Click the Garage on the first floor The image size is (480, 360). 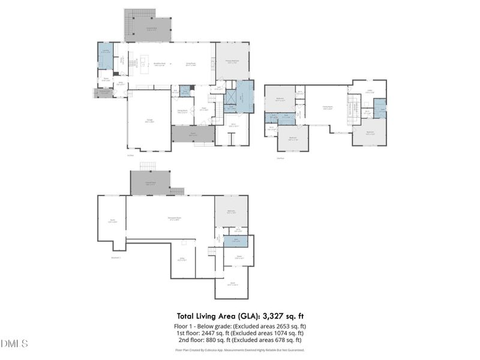149,121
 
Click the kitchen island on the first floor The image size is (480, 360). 144,59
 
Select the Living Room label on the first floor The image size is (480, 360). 191,64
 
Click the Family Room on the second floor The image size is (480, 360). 328,108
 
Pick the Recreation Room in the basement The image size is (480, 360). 174,217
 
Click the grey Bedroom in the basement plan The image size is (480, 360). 231,211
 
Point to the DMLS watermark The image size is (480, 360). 14,344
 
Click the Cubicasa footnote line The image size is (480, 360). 239,350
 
